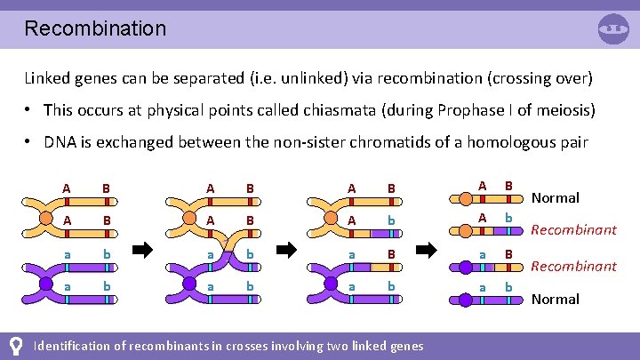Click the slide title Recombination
[95, 28]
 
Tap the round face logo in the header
[613, 28]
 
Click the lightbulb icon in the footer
[15, 345]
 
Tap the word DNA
[60, 143]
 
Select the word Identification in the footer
[74, 345]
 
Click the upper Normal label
[555, 197]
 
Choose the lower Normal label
[555, 299]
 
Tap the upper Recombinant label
[573, 230]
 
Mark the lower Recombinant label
[573, 266]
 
